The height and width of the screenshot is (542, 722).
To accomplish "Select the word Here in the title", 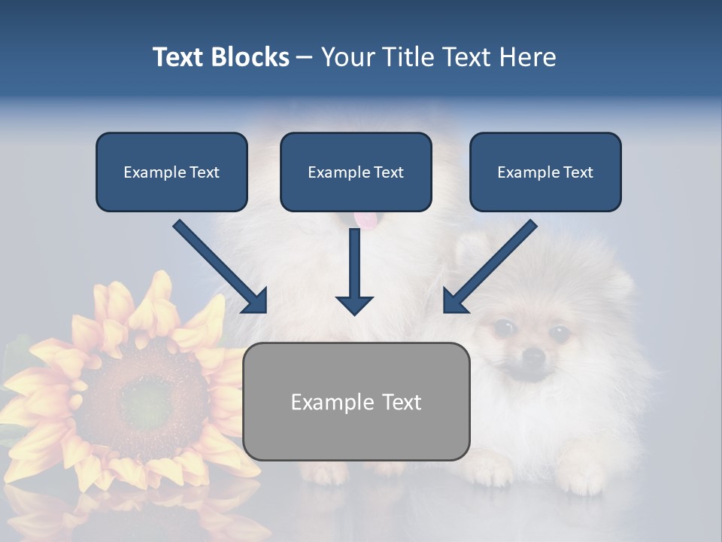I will [527, 57].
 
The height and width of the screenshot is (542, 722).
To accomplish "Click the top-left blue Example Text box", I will [171, 172].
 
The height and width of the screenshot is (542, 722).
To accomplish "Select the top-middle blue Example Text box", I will [356, 172].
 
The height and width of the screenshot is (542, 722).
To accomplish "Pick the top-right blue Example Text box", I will [545, 172].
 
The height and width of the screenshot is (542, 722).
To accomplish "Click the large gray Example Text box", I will [356, 402].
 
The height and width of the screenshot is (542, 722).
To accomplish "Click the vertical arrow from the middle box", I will [354, 271].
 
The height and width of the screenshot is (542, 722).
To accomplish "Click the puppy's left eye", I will [504, 327].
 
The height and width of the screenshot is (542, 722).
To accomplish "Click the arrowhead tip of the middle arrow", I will [354, 313].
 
